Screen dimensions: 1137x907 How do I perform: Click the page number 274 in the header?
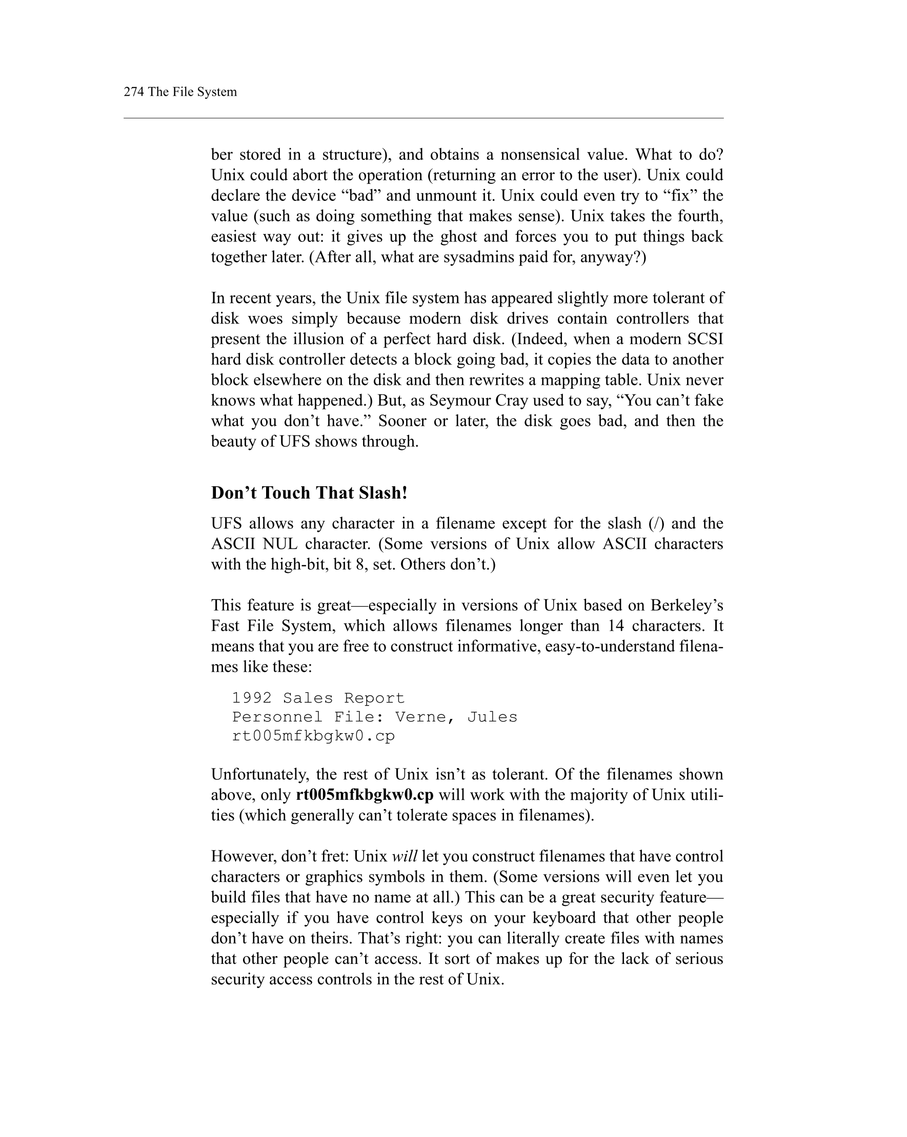tap(133, 92)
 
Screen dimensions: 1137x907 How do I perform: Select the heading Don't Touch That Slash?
tap(309, 492)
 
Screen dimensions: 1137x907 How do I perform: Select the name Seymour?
tap(459, 400)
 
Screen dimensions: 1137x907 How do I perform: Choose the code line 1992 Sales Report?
tap(318, 698)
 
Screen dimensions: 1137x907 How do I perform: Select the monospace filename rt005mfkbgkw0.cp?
tap(313, 736)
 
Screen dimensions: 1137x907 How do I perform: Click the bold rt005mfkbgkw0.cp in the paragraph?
tap(365, 795)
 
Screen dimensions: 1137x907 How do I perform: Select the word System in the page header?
tap(217, 92)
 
